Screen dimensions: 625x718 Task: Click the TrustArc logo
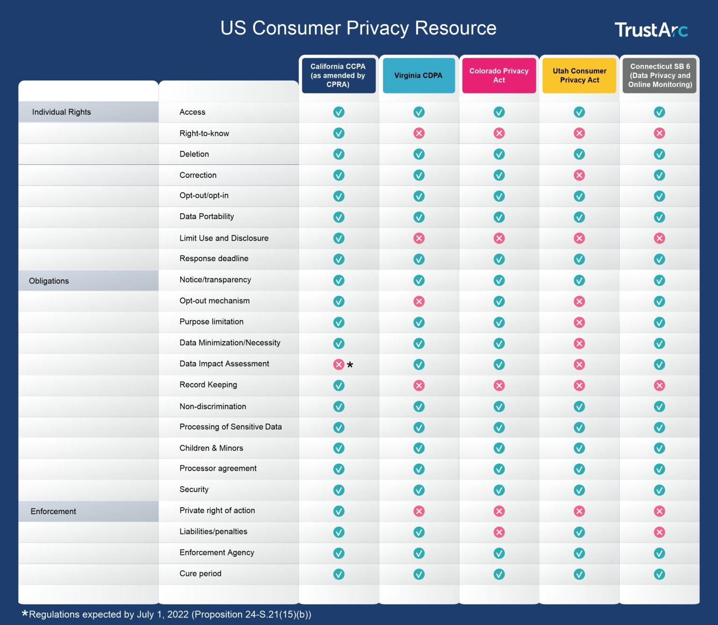pos(651,30)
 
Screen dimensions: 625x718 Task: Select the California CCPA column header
pos(338,75)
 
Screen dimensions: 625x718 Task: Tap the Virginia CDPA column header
pos(418,75)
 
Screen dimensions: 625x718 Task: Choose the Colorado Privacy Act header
pos(499,75)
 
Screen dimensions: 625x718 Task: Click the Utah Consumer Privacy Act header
pos(579,75)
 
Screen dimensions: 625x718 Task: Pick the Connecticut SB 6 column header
pos(660,75)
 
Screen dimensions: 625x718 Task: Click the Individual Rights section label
pos(61,112)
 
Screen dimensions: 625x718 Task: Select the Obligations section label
pos(49,281)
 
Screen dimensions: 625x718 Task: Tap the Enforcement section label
pos(53,511)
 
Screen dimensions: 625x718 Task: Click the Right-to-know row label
pos(204,134)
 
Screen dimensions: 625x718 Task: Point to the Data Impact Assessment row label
pos(224,364)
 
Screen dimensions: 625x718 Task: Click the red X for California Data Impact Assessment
pos(338,364)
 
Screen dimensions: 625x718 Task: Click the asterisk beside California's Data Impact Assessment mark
pos(350,365)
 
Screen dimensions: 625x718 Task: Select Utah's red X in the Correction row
pos(579,175)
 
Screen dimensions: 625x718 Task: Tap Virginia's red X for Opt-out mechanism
pos(419,301)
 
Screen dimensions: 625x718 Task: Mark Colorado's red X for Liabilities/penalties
pos(499,532)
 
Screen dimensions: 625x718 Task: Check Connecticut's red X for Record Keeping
pos(660,385)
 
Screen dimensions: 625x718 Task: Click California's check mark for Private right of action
pos(338,511)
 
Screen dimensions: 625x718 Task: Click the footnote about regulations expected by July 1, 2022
pos(167,614)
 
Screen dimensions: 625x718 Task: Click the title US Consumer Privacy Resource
pos(358,28)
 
